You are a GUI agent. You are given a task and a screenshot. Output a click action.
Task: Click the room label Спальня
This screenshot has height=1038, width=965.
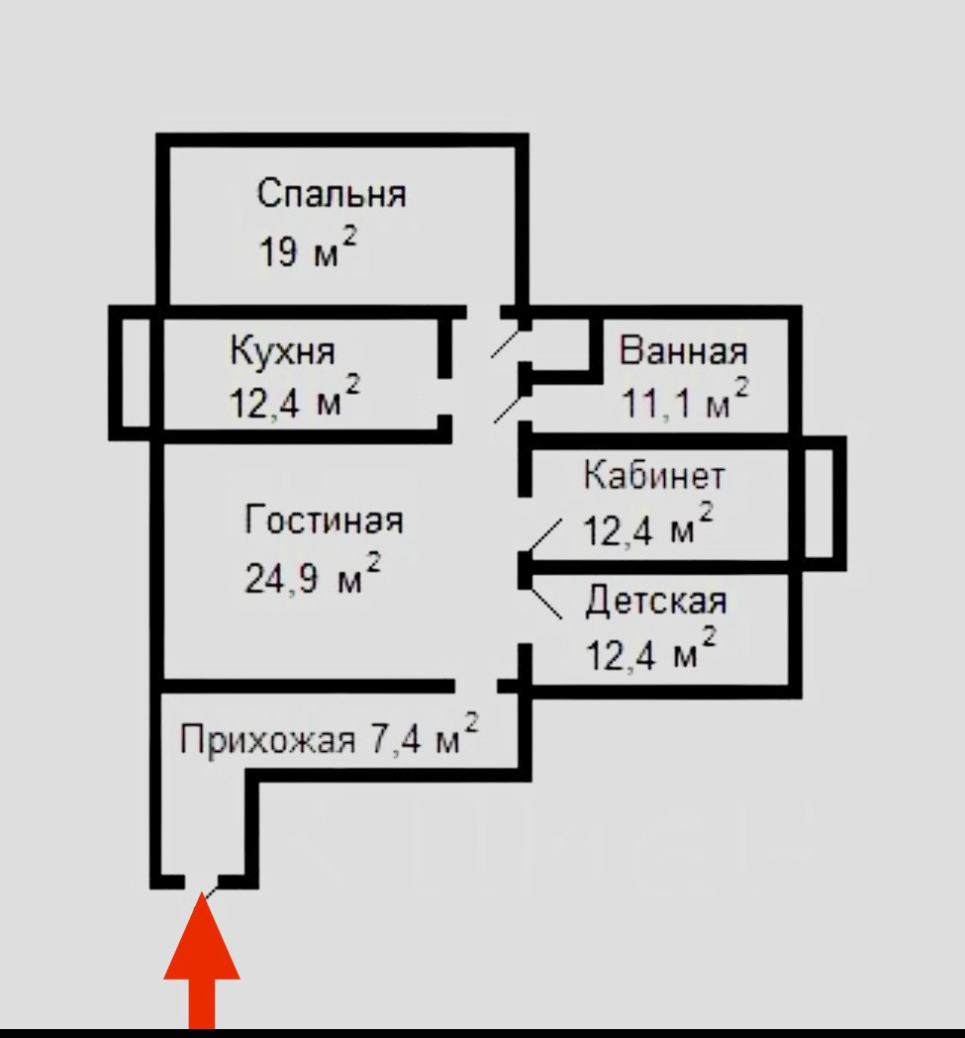pyautogui.click(x=332, y=195)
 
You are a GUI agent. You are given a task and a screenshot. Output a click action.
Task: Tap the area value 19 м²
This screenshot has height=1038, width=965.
pyautogui.click(x=307, y=250)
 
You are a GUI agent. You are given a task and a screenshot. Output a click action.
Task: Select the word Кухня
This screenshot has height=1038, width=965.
pyautogui.click(x=282, y=351)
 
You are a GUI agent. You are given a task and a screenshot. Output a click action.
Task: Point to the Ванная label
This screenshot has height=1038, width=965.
pyautogui.click(x=684, y=350)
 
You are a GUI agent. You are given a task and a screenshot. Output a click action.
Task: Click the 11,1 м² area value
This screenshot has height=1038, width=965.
pyautogui.click(x=685, y=401)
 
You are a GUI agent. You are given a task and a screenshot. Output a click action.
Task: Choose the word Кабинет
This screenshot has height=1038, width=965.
pyautogui.click(x=653, y=476)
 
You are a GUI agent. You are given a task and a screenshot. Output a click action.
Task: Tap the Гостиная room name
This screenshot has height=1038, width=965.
pyautogui.click(x=325, y=520)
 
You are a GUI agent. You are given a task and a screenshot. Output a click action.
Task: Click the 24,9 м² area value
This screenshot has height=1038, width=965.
pyautogui.click(x=313, y=575)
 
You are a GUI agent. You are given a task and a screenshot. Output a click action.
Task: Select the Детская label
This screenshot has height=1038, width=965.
pyautogui.click(x=656, y=601)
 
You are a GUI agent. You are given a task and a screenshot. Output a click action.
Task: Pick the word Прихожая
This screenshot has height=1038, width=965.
pyautogui.click(x=267, y=740)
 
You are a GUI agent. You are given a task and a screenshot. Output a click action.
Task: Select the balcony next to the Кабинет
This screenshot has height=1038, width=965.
pyautogui.click(x=823, y=503)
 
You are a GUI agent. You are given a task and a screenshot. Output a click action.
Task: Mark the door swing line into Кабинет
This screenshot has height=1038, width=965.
pyautogui.click(x=543, y=535)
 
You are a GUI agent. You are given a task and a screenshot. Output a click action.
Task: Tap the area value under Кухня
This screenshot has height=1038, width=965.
pyautogui.click(x=295, y=402)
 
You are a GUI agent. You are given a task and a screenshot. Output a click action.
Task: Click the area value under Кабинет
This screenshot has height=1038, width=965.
pyautogui.click(x=648, y=529)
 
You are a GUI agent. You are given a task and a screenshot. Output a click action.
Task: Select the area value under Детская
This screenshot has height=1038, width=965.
pyautogui.click(x=650, y=654)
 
